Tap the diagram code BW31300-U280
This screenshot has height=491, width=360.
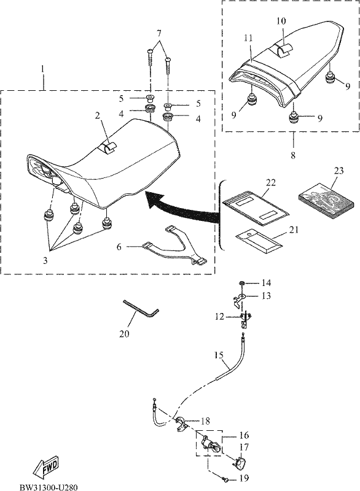point(49,487)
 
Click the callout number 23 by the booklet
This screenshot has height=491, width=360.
point(338,171)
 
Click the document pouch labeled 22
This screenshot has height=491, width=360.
point(256,207)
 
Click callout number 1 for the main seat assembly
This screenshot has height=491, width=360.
point(43,68)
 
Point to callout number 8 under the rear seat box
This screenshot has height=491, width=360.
point(293,155)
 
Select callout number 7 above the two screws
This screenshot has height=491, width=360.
point(159,33)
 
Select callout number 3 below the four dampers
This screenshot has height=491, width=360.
point(45,260)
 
